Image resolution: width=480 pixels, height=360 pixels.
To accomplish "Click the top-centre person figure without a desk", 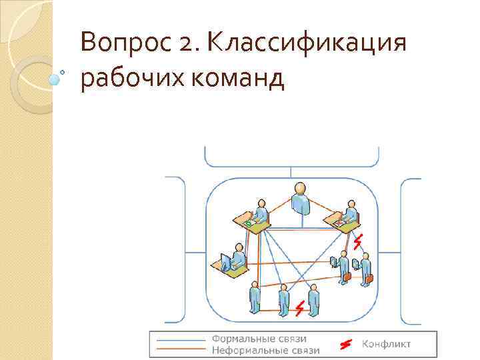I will coord(301,199).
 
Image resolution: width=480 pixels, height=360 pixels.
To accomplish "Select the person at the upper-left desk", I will coord(261,211).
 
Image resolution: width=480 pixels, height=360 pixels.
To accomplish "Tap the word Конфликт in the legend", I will coord(386,344).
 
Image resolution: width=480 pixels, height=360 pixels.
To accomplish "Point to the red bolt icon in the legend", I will coord(345,344).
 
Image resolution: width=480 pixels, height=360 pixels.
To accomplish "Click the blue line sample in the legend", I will coord(181,339).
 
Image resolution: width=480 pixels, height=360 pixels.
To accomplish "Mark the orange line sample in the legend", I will coord(181,349).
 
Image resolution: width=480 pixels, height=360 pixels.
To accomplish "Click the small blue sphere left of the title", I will coord(55,79).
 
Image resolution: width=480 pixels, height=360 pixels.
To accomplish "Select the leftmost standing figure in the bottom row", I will coord(254,298).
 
